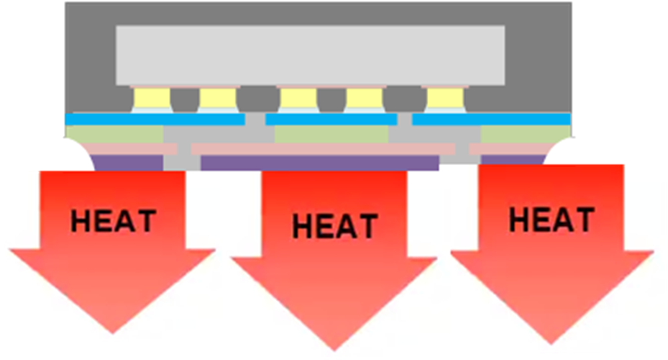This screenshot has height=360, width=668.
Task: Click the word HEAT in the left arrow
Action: pyautogui.click(x=113, y=221)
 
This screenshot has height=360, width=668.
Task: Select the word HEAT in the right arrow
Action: pyautogui.click(x=551, y=220)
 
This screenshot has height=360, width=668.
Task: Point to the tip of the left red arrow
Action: pyautogui.click(x=112, y=332)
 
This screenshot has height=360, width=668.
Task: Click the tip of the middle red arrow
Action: pyautogui.click(x=334, y=349)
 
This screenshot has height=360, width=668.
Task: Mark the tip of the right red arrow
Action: pyautogui.click(x=552, y=343)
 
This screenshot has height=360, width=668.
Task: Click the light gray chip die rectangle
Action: pyautogui.click(x=310, y=55)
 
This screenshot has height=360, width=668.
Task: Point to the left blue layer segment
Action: pyautogui.click(x=154, y=119)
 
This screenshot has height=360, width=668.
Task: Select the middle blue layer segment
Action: pyautogui.click(x=331, y=119)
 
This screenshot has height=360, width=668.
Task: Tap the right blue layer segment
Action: pyautogui.click(x=491, y=119)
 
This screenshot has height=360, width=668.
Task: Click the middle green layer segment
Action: pyautogui.click(x=331, y=134)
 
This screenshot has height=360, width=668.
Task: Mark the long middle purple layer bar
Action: pyautogui.click(x=319, y=162)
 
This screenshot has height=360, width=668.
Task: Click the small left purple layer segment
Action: pyautogui.click(x=127, y=162)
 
